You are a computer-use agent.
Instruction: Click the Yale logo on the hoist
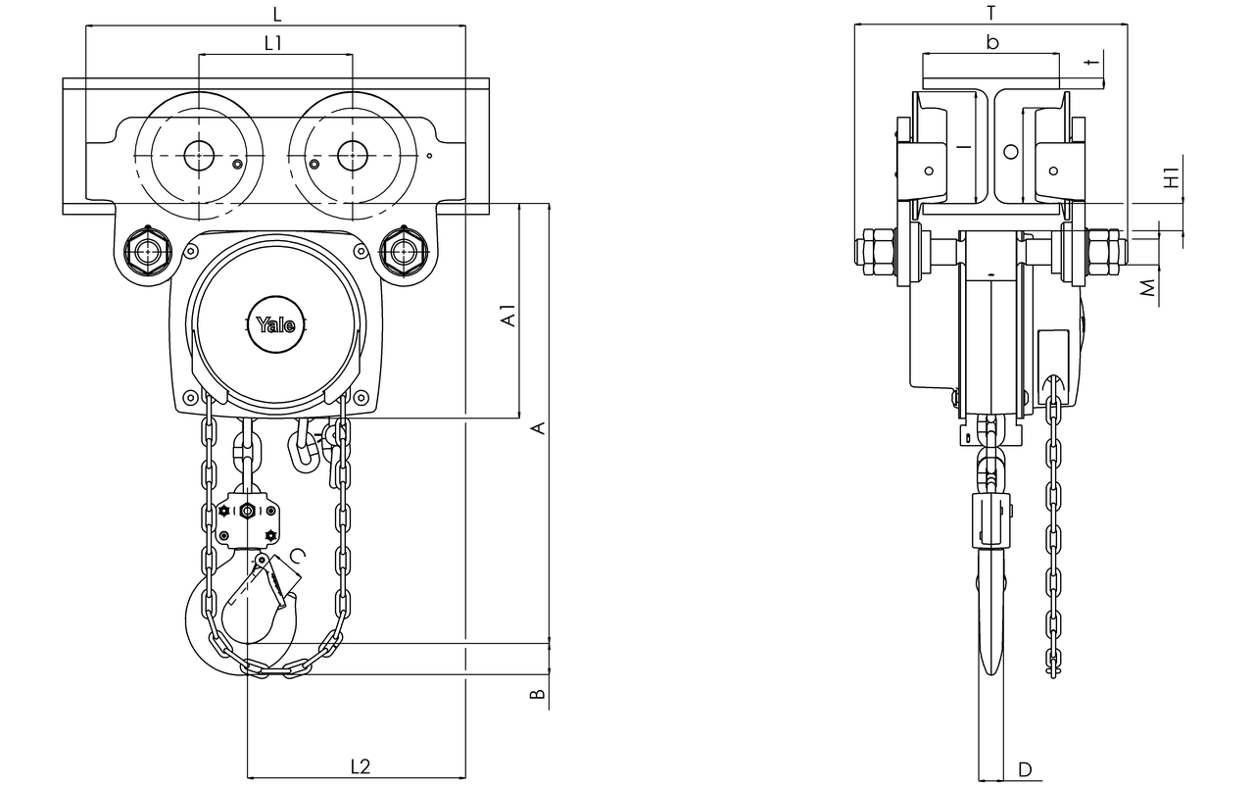[275, 324]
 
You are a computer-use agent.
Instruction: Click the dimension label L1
[272, 43]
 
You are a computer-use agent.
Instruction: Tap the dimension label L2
[361, 766]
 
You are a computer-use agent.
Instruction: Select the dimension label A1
[507, 316]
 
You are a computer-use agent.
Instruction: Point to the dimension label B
[537, 694]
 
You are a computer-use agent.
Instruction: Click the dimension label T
[990, 13]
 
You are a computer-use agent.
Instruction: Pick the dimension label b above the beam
[992, 42]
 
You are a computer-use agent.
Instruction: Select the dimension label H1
[1172, 177]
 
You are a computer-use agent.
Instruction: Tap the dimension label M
[1147, 287]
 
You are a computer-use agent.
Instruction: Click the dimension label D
[1025, 769]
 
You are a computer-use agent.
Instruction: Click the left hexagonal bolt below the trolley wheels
[148, 252]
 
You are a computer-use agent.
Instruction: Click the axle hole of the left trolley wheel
[199, 155]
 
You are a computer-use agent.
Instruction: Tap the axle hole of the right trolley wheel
[353, 155]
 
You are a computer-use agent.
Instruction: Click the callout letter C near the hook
[300, 555]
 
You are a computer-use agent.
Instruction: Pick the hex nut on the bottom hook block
[246, 511]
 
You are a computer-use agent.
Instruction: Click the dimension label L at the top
[277, 15]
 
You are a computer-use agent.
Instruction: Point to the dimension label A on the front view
[538, 428]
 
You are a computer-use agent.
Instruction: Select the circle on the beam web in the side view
[1010, 151]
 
